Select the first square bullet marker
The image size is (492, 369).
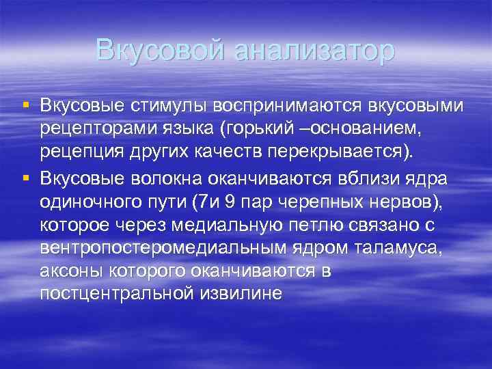[x=26, y=105]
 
